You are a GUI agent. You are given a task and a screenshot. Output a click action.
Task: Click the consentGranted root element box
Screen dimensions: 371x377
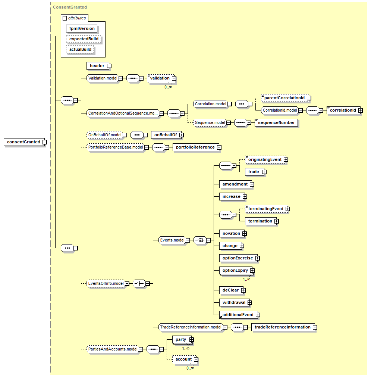[24, 142]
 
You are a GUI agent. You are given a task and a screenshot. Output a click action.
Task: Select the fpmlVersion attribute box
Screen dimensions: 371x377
[82, 28]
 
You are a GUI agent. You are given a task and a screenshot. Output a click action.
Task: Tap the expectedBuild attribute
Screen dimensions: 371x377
[84, 39]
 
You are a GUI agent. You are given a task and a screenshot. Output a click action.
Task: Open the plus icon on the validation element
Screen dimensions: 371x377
[174, 78]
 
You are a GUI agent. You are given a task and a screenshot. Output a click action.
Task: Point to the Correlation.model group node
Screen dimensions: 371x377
[210, 104]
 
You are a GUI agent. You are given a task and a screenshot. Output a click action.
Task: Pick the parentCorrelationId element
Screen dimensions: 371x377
[285, 98]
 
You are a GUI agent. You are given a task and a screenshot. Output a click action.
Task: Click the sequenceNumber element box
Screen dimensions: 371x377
[276, 123]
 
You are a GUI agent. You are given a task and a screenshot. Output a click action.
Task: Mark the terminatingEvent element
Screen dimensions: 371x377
[266, 209]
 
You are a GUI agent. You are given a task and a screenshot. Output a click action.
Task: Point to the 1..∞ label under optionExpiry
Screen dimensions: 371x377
[246, 279]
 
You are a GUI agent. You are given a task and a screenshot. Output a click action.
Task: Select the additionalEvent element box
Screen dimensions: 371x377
[239, 315]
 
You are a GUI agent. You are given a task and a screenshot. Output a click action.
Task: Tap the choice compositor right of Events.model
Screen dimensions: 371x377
[200, 240]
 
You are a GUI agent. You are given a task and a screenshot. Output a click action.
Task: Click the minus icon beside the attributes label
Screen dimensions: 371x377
[65, 18]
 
